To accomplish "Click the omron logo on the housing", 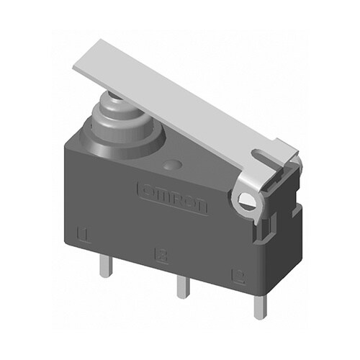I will click(x=172, y=197).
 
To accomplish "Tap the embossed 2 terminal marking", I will click(x=234, y=274).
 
